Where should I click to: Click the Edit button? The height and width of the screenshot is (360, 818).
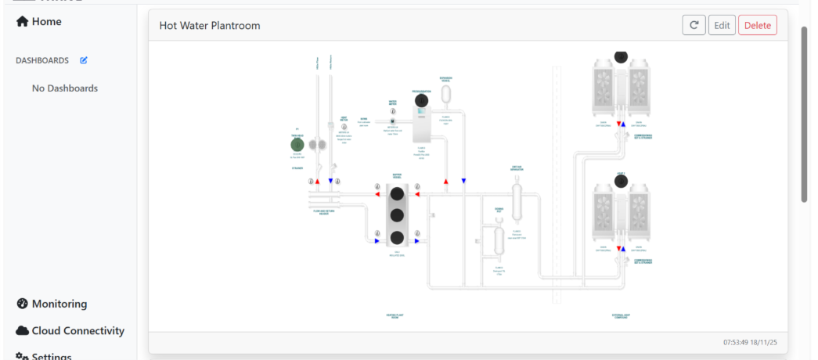point(722,25)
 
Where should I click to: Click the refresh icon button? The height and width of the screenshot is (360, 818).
point(694,25)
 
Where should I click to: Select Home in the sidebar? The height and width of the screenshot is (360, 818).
point(39,22)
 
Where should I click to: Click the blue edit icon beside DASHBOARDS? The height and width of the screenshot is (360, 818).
point(84,60)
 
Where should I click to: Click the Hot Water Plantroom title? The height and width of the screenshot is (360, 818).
point(210,26)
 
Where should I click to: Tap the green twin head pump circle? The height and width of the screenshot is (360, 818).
point(297,145)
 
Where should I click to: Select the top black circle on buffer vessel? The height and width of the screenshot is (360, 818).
point(397,194)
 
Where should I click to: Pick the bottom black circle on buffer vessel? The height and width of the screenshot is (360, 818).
point(397,238)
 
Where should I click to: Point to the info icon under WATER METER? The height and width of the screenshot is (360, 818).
point(392,121)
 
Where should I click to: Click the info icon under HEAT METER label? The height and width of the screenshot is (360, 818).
point(343,128)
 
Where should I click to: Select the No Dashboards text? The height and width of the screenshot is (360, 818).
point(65,88)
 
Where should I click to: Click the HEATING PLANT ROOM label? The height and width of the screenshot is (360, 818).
point(395,317)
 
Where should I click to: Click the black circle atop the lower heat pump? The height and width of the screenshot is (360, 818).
point(620,182)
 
